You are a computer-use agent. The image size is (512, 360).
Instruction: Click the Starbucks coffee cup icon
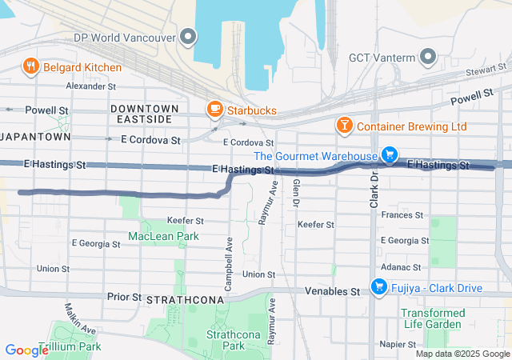(214, 110)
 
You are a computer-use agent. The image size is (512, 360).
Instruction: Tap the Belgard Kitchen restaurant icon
(31, 67)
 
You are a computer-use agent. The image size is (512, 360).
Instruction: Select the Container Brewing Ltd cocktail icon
(343, 126)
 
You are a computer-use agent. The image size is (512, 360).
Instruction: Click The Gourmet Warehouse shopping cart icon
(389, 155)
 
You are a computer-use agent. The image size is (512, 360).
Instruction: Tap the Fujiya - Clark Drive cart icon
(379, 286)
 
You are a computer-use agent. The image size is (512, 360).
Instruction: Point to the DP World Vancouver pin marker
(189, 36)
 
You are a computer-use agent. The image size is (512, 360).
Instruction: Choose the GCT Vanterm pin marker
(428, 57)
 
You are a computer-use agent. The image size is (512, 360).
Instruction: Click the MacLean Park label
(163, 237)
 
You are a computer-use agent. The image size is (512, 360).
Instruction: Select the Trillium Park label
(73, 346)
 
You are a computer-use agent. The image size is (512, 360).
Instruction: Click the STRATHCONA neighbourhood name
(179, 299)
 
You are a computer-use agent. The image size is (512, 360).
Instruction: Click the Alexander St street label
(91, 86)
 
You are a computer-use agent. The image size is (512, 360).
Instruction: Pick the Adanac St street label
(401, 266)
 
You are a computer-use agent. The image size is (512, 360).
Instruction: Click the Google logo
(26, 350)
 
